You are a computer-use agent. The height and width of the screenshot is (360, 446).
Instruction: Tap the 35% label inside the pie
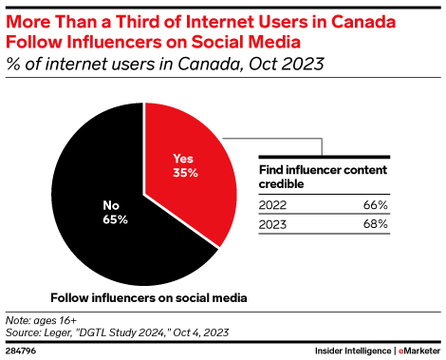tap(185, 173)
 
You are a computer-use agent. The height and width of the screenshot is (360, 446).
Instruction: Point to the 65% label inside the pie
tap(115, 219)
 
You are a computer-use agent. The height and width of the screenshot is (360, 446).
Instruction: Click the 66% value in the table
tap(375, 205)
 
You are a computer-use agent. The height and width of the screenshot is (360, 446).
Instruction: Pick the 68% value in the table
tap(375, 224)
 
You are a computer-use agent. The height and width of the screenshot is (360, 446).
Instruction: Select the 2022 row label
tap(272, 205)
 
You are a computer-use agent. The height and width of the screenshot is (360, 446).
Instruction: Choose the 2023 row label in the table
tap(272, 224)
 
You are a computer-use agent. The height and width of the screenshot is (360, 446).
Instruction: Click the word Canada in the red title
tap(363, 22)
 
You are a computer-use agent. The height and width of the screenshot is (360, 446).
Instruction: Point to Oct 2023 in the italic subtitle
tap(287, 64)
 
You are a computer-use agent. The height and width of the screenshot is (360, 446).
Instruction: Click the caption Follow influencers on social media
tap(149, 298)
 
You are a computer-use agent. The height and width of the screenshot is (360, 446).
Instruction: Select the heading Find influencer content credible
tap(323, 177)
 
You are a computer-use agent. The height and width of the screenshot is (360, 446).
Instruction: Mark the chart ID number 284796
tap(21, 351)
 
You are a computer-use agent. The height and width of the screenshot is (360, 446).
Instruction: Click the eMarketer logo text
tap(419, 351)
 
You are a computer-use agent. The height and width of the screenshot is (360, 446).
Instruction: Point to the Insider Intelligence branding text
tap(353, 351)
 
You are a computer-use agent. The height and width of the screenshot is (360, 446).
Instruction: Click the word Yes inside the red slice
tap(183, 159)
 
